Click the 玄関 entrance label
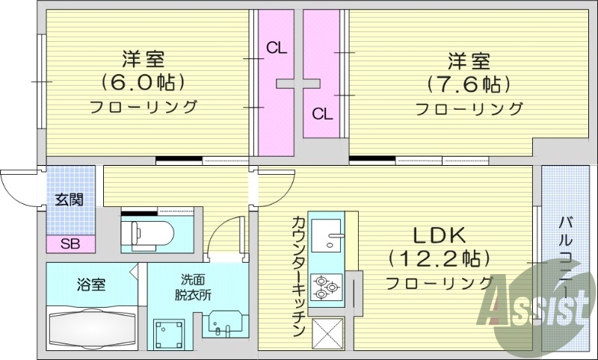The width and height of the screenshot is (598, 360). click(x=69, y=199)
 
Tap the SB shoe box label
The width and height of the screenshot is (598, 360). click(x=70, y=243)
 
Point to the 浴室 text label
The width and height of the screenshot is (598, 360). click(x=91, y=285)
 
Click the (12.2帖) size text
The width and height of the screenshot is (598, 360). click(x=439, y=258)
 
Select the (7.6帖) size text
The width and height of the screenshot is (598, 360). click(x=469, y=82)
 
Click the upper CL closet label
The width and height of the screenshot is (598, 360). click(x=277, y=49)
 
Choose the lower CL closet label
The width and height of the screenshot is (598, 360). click(x=322, y=114)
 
